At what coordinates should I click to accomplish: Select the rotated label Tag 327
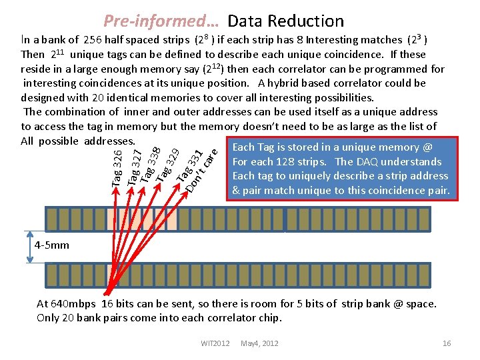(135, 167)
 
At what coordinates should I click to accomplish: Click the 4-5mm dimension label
(51, 245)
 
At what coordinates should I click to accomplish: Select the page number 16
(447, 343)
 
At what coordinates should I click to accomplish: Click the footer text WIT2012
(215, 343)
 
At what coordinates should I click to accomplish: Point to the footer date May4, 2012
(259, 343)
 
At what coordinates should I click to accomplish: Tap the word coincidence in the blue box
(387, 191)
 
